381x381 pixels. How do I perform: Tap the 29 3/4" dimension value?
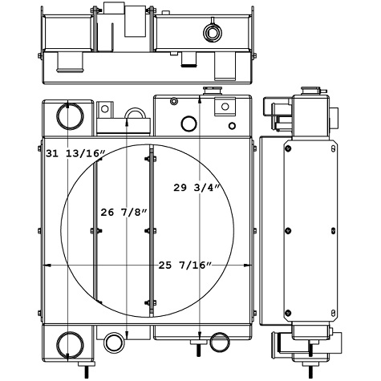click(196, 187)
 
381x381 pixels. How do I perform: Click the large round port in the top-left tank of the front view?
click(68, 118)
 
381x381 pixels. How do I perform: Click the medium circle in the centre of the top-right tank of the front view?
click(189, 124)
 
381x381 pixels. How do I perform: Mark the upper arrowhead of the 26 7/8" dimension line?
click(129, 120)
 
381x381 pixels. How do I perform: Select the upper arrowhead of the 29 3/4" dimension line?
click(199, 98)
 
